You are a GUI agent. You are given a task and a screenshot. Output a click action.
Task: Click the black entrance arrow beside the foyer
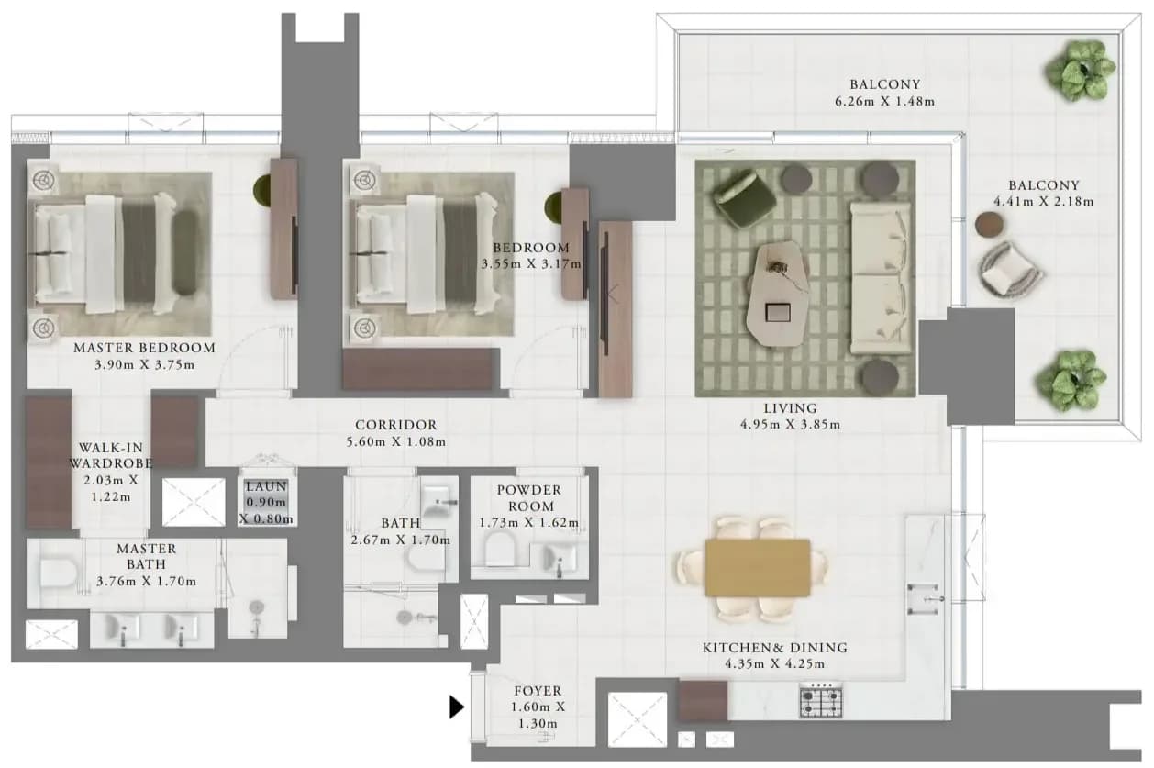coord(457,707)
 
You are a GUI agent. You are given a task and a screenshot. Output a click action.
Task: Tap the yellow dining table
coord(758,568)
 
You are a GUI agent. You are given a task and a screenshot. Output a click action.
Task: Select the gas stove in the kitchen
coord(821,700)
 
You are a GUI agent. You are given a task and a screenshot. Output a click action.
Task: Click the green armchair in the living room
coord(744,198)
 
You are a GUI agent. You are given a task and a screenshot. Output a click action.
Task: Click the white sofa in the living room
coord(880,278)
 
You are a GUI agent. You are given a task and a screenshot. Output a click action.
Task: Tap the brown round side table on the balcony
coord(989,224)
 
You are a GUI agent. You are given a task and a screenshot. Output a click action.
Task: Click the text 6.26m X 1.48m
coord(884,102)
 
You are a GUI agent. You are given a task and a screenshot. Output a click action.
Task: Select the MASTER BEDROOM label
coord(144,348)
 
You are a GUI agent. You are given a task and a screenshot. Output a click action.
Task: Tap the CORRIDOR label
coord(395,425)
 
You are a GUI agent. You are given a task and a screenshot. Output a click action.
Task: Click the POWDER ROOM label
coord(529,498)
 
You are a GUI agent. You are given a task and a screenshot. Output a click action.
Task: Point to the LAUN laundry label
coord(266,486)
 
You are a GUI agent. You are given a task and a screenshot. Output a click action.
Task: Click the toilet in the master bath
coord(58,573)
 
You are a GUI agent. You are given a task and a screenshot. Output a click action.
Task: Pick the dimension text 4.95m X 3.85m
coord(791,425)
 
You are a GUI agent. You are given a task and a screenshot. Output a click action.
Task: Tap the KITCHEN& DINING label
coord(775,648)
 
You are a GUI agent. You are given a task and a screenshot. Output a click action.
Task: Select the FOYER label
coord(538,691)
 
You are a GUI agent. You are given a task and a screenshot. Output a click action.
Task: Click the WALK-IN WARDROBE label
coord(111,455)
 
